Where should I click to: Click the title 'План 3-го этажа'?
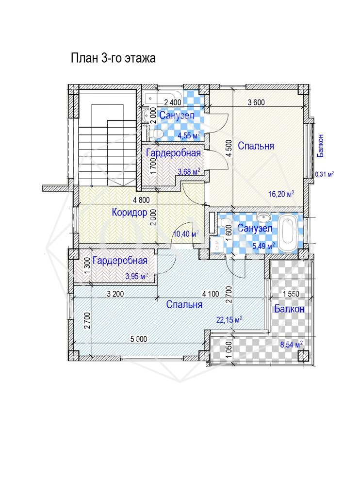(x=113, y=58)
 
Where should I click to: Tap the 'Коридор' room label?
(x=129, y=212)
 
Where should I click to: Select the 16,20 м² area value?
(x=281, y=193)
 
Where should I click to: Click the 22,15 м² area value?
(x=229, y=319)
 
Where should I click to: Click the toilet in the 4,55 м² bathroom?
(x=157, y=134)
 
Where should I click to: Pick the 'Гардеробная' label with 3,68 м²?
(x=173, y=153)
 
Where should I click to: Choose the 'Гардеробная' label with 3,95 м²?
(x=120, y=261)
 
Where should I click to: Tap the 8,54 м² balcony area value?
(x=291, y=344)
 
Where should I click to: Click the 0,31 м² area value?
(x=324, y=174)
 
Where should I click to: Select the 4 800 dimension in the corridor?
(x=141, y=199)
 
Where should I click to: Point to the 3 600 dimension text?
(x=256, y=102)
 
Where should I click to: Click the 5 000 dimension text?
(x=138, y=339)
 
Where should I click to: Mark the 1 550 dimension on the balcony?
(x=291, y=294)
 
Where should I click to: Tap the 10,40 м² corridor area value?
(x=186, y=234)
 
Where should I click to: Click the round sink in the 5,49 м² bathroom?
(x=262, y=217)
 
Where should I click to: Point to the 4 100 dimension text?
(x=211, y=294)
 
